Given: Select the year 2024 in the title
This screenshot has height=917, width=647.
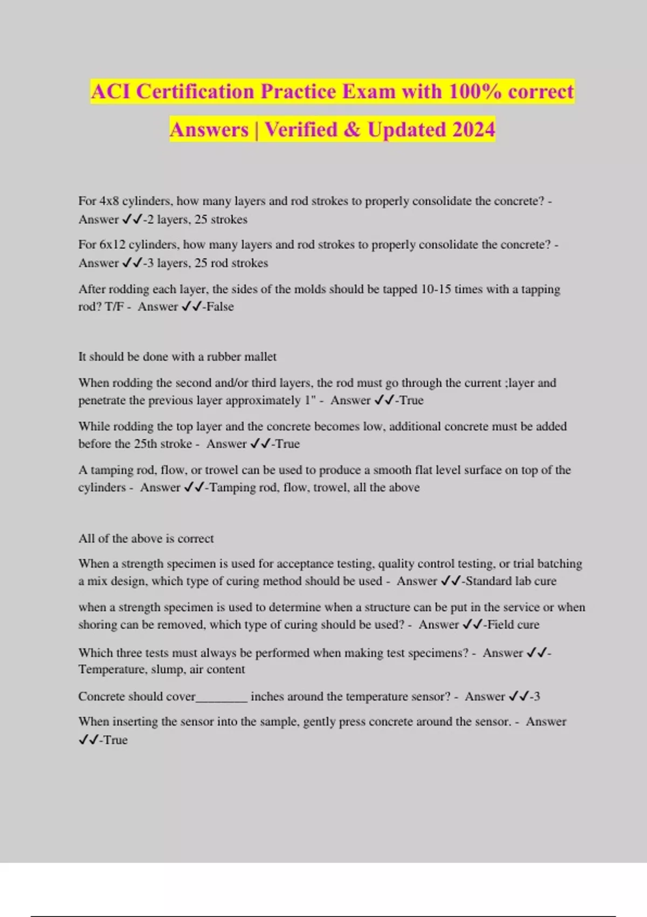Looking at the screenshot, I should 473,130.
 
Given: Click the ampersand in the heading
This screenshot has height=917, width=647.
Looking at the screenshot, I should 352,130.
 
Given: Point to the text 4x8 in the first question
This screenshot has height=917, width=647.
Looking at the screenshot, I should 109,201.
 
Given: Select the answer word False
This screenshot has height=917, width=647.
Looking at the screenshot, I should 220,307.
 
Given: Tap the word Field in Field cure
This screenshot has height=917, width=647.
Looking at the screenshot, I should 500,625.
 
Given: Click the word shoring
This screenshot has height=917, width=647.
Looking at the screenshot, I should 98,625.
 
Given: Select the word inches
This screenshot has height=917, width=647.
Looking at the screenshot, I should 267,696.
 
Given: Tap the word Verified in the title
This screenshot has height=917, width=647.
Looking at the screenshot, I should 301,130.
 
